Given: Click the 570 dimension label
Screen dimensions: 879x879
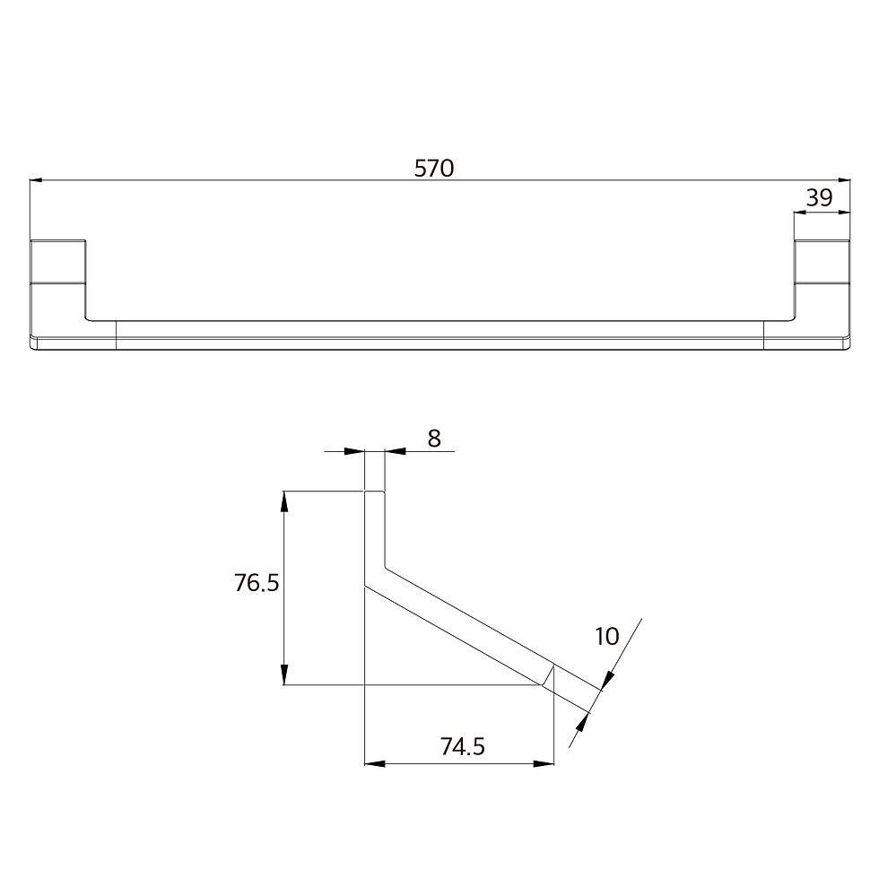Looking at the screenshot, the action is (434, 169).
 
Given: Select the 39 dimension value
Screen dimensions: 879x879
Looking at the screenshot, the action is (820, 198).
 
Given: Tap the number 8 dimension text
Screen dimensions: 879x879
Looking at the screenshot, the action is (434, 439).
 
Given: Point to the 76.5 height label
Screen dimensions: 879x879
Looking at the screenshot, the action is (257, 583).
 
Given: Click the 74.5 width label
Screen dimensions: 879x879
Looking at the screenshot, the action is (463, 746).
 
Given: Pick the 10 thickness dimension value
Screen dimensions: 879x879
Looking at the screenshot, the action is (606, 636).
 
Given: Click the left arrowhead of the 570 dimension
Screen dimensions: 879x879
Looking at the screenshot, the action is (36, 180).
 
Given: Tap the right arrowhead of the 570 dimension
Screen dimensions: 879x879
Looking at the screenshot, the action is (844, 180).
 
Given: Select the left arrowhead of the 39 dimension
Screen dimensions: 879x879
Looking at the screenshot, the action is (800, 213).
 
